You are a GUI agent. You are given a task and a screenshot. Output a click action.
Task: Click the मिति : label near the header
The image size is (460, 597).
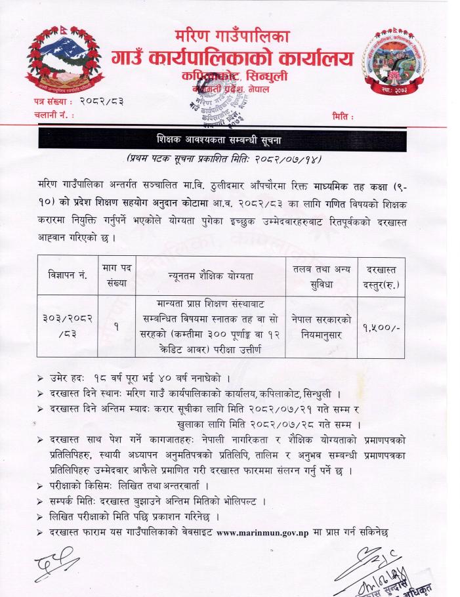344,116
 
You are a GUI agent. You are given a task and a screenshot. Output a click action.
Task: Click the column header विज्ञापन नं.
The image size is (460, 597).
64,274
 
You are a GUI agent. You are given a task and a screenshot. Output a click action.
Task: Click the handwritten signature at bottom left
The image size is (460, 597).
58,563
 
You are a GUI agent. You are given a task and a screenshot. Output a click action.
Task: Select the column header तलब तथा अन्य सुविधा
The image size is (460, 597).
322,274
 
